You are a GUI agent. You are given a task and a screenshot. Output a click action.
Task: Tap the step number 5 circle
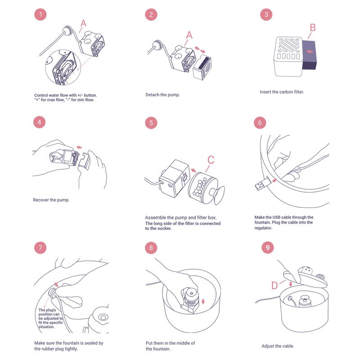tap(151, 122)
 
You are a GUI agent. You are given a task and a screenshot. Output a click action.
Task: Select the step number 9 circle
tap(268, 247)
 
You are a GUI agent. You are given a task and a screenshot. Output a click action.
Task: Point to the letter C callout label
tap(211, 160)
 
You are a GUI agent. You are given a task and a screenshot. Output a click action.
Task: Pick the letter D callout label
tap(274, 286)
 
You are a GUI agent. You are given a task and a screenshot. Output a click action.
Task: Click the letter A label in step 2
tap(189, 34)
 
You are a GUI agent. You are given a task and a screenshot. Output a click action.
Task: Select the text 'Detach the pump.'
tap(162, 95)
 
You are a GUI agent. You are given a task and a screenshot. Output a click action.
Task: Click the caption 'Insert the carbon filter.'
tap(282, 92)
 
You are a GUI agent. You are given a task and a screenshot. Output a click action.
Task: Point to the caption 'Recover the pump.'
tap(51, 199)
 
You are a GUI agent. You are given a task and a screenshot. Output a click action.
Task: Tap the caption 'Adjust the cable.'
tap(278, 346)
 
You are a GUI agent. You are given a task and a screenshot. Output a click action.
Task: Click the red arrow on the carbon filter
tap(310, 52)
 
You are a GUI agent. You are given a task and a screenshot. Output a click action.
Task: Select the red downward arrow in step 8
tap(203, 301)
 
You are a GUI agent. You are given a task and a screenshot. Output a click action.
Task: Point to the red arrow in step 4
tap(79, 147)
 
